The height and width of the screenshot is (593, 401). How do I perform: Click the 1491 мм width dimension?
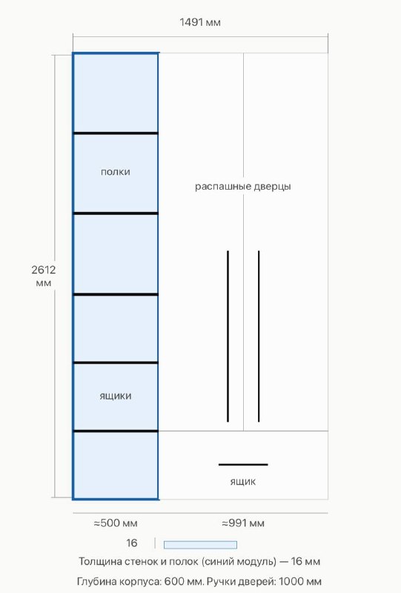pyautogui.click(x=199, y=22)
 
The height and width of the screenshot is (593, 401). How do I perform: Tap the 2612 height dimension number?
pyautogui.click(x=44, y=270)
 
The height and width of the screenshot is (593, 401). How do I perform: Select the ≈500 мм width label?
pyautogui.click(x=116, y=523)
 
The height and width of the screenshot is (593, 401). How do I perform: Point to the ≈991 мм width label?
pyautogui.click(x=243, y=523)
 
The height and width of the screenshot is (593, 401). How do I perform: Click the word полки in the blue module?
pyautogui.click(x=116, y=172)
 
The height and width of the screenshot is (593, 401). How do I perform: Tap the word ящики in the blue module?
pyautogui.click(x=116, y=397)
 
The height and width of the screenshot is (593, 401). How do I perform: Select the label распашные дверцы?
pyautogui.click(x=243, y=187)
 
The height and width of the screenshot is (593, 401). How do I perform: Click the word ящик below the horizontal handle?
pyautogui.click(x=243, y=482)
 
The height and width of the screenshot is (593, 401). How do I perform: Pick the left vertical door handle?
pyautogui.click(x=228, y=337)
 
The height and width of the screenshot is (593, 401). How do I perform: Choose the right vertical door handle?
pyautogui.click(x=259, y=337)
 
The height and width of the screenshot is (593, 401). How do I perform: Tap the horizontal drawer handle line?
pyautogui.click(x=243, y=465)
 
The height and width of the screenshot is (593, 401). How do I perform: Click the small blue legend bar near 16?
pyautogui.click(x=200, y=545)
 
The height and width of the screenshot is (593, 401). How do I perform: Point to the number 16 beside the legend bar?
pyautogui.click(x=132, y=543)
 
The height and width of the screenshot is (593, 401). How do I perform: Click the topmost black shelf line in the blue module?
pyautogui.click(x=116, y=133)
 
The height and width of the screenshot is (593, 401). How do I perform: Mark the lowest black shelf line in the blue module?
pyautogui.click(x=116, y=431)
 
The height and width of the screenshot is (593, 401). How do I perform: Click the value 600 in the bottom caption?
pyautogui.click(x=173, y=581)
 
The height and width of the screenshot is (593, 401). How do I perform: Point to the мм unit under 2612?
pyautogui.click(x=44, y=283)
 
